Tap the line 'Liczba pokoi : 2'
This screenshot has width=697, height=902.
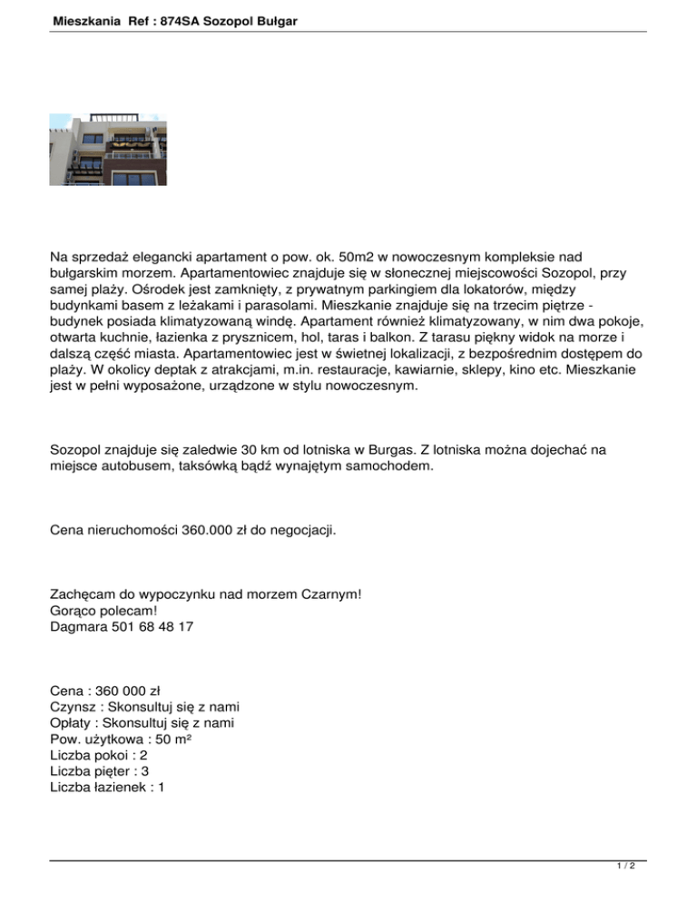100,755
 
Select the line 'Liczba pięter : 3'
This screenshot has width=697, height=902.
101,771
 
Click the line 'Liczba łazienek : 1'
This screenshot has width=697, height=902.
107,788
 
